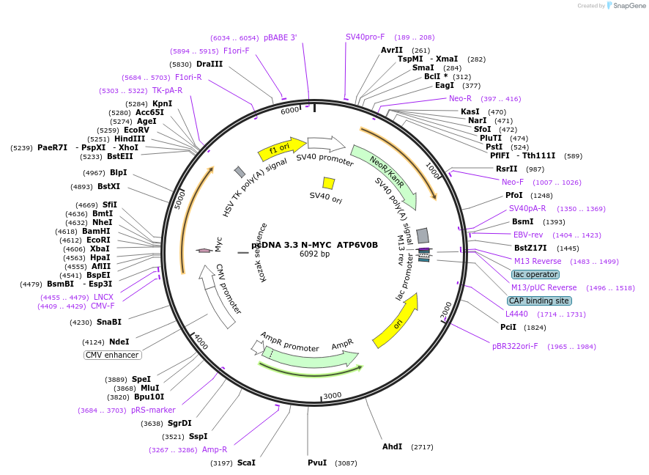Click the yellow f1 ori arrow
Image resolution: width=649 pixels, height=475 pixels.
tap(281, 149)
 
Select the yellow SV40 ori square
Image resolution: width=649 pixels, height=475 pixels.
tap(329, 183)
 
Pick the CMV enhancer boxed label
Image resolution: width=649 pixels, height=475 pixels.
tap(112, 355)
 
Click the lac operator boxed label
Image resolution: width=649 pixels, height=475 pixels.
tap(535, 274)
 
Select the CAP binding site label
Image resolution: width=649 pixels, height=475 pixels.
tap(538, 301)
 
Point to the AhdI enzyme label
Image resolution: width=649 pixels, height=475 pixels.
tap(392, 446)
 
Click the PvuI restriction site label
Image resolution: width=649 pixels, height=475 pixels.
tap(317, 463)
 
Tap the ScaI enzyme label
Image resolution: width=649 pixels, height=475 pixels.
tap(246, 463)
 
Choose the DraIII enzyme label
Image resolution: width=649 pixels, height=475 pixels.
tap(209, 64)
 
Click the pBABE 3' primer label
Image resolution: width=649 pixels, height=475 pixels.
tap(281, 37)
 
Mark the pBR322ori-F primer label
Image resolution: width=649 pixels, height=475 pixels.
tap(515, 346)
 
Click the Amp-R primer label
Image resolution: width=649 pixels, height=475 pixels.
tap(215, 449)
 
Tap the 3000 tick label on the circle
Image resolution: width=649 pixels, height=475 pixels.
tap(333, 395)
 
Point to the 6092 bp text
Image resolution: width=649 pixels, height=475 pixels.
tap(314, 254)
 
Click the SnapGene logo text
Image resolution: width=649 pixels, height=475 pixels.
tap(625, 6)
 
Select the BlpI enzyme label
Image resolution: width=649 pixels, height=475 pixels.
tap(118, 173)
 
